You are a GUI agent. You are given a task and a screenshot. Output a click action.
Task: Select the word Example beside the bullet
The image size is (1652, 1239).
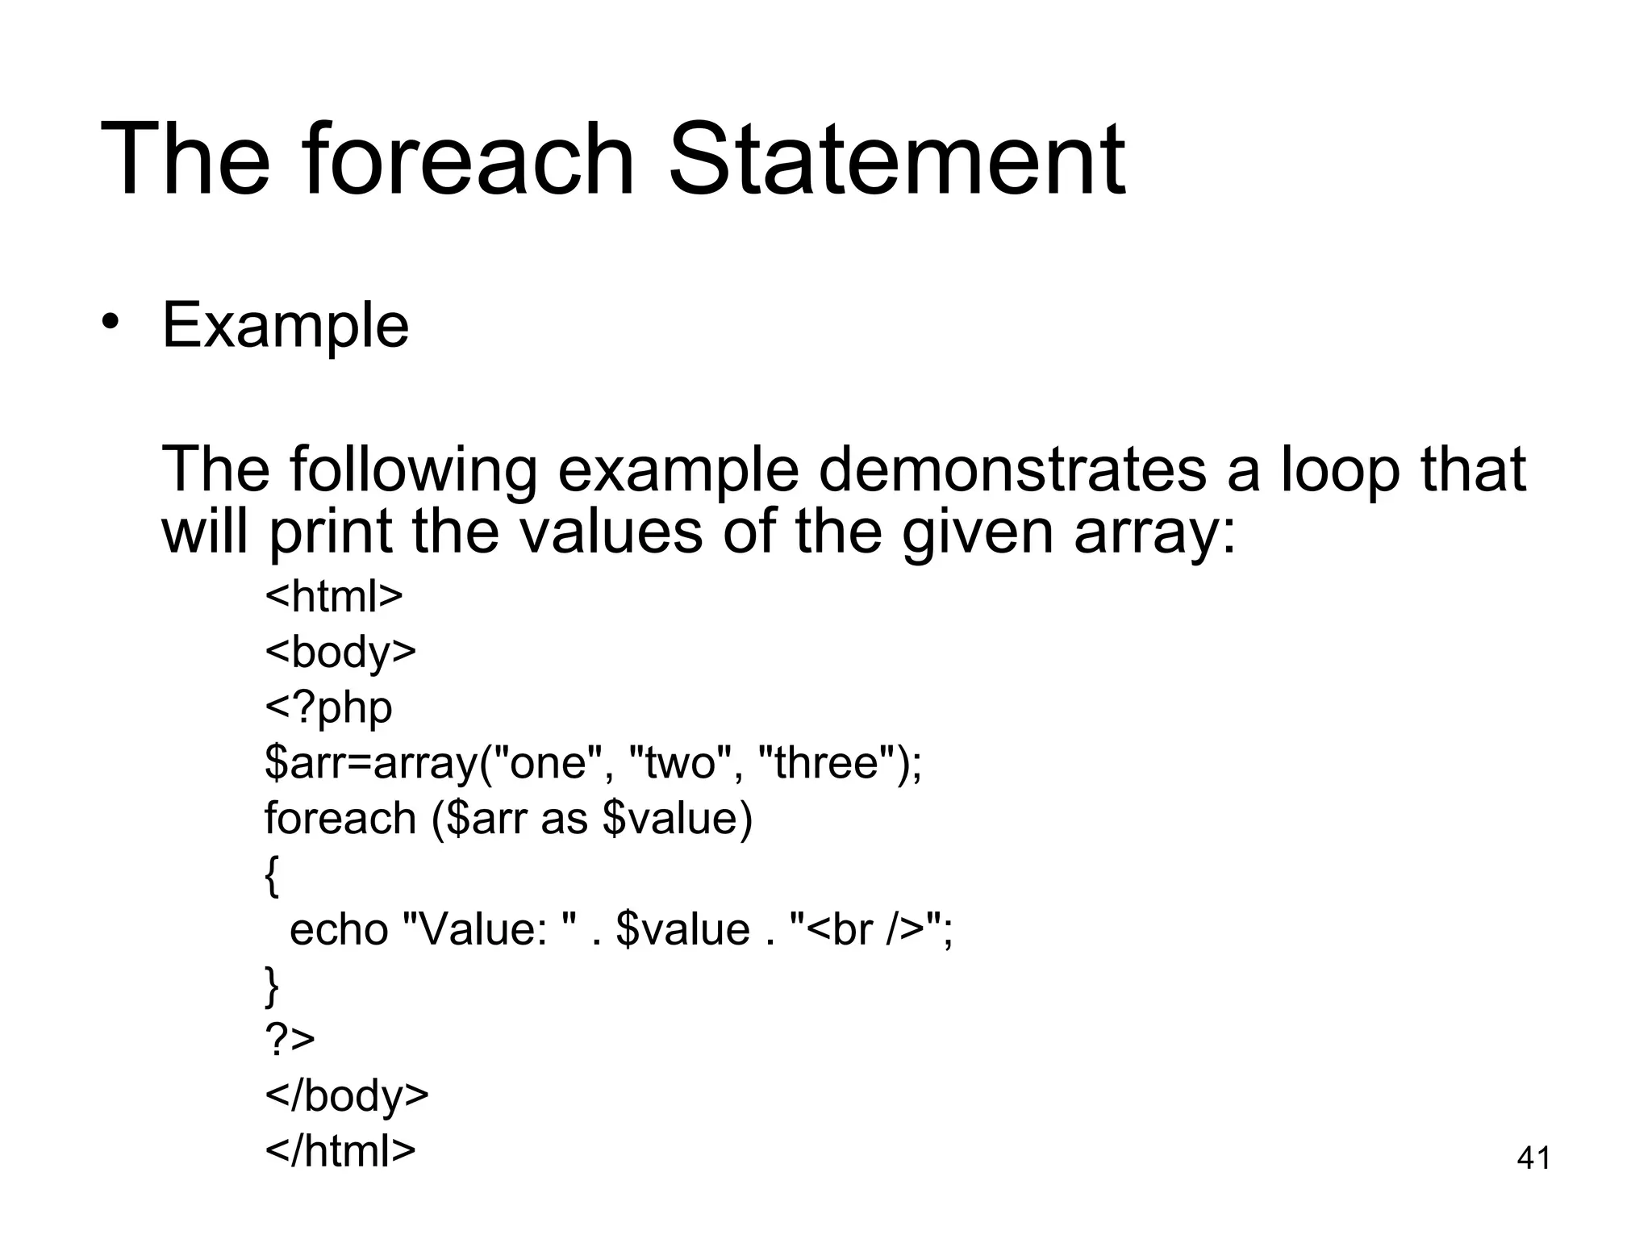(286, 327)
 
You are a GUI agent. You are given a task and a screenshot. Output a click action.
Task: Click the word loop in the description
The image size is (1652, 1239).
(1339, 472)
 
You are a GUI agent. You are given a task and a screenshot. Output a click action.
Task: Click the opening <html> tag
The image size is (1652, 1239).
(334, 596)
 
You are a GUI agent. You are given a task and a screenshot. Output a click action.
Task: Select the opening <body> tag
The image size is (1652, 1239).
(340, 652)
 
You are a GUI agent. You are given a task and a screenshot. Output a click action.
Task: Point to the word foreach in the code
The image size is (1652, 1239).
(340, 818)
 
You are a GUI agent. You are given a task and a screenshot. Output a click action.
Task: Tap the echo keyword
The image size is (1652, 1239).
(339, 929)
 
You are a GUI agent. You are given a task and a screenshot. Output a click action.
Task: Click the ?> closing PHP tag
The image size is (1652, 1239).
(290, 1040)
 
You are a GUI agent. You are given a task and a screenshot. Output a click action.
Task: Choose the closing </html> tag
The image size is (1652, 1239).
(340, 1151)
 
